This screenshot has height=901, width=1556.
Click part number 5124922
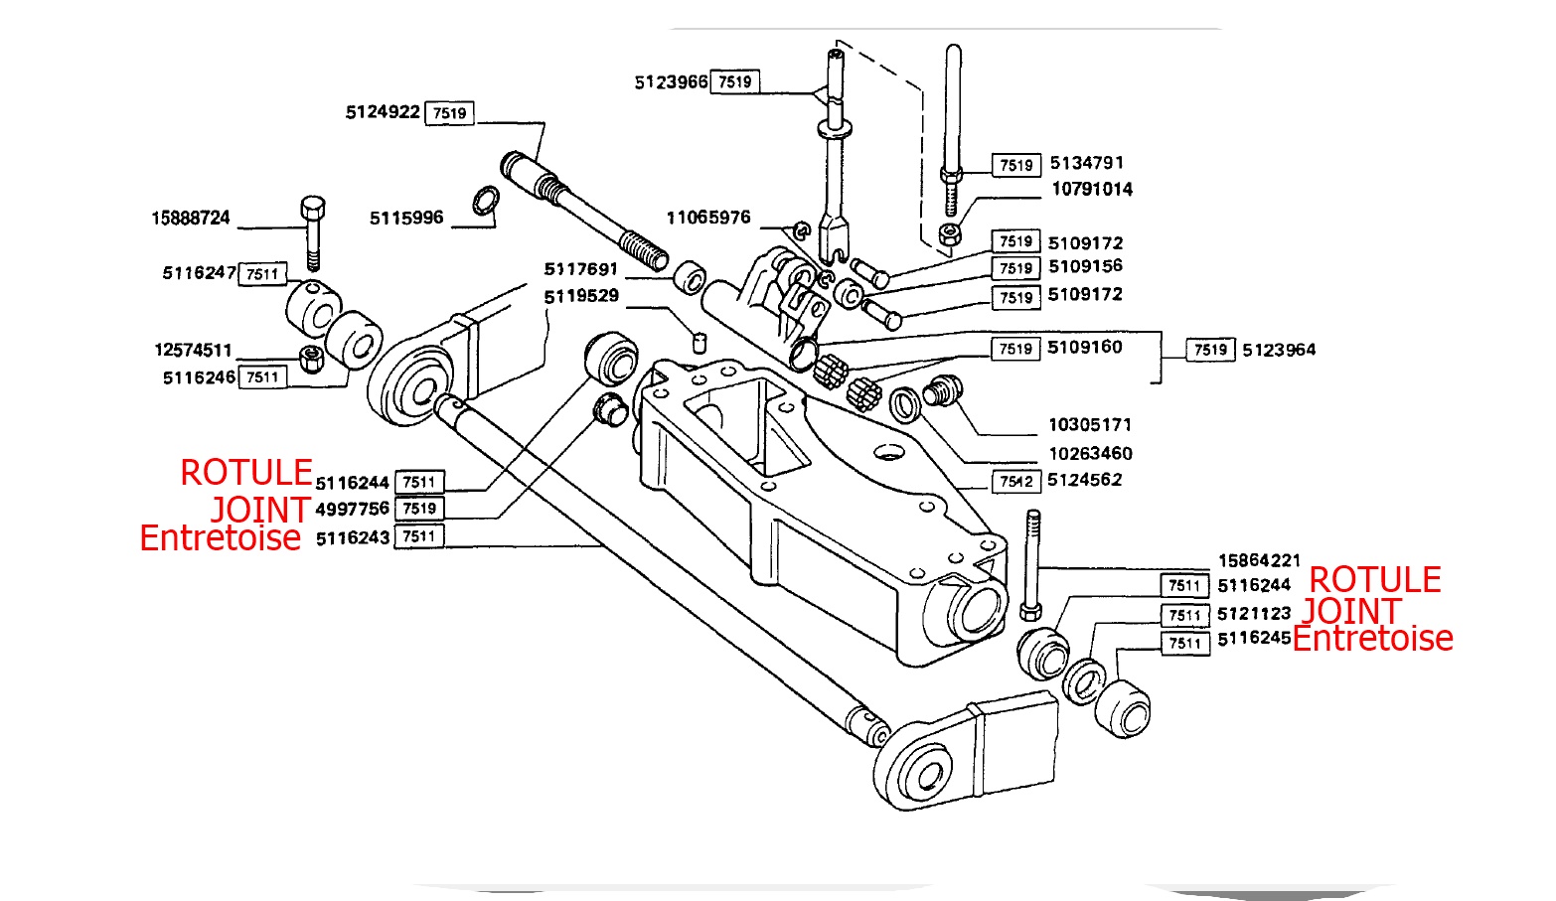tap(383, 112)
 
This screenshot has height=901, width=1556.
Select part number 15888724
tap(191, 218)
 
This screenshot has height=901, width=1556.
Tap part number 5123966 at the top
tap(671, 81)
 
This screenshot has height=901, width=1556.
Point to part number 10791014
tap(1092, 189)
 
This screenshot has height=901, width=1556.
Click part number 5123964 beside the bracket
tap(1279, 350)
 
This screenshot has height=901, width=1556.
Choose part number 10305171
tap(1090, 425)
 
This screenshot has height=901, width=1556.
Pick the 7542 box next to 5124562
tap(1016, 482)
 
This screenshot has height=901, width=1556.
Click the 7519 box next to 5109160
tap(1015, 349)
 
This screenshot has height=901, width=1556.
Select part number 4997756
tap(352, 509)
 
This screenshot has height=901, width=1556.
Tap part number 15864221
tap(1259, 560)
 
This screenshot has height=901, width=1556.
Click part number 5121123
tap(1254, 614)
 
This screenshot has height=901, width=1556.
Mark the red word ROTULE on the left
tap(246, 473)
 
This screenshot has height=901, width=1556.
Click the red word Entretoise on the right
tap(1372, 639)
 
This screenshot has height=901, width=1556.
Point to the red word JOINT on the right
tap(1351, 611)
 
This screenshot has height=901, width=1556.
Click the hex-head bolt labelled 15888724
tap(312, 230)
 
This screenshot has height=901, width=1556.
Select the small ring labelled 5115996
tap(485, 201)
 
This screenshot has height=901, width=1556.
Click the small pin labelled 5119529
tap(699, 343)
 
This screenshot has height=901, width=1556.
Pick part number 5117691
tap(581, 269)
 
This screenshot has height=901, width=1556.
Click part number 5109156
tap(1085, 266)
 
